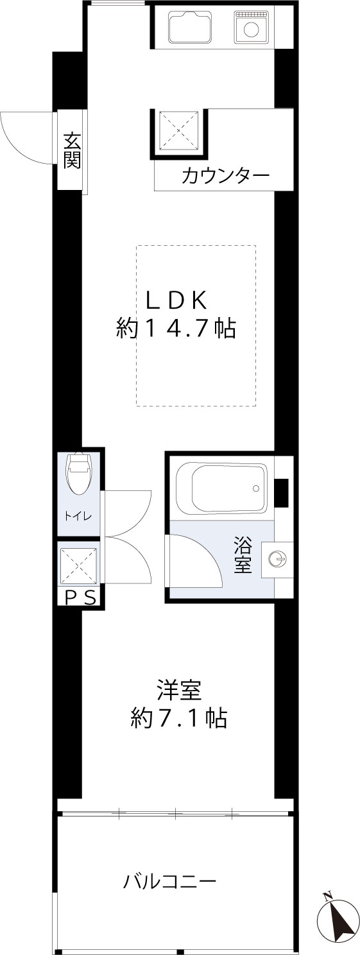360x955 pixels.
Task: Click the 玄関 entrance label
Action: pyautogui.click(x=71, y=150)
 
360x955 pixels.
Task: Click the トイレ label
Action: pyautogui.click(x=78, y=516)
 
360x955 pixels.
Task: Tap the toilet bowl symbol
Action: pyautogui.click(x=79, y=474)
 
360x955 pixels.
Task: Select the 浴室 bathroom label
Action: pyautogui.click(x=243, y=555)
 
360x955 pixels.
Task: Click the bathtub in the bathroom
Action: pyautogui.click(x=220, y=488)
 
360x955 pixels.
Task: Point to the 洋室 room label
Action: pyautogui.click(x=179, y=691)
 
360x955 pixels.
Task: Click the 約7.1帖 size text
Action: pyautogui.click(x=179, y=718)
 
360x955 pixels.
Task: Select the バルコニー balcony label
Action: pyautogui.click(x=169, y=881)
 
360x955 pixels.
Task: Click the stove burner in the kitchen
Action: pyautogui.click(x=253, y=28)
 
